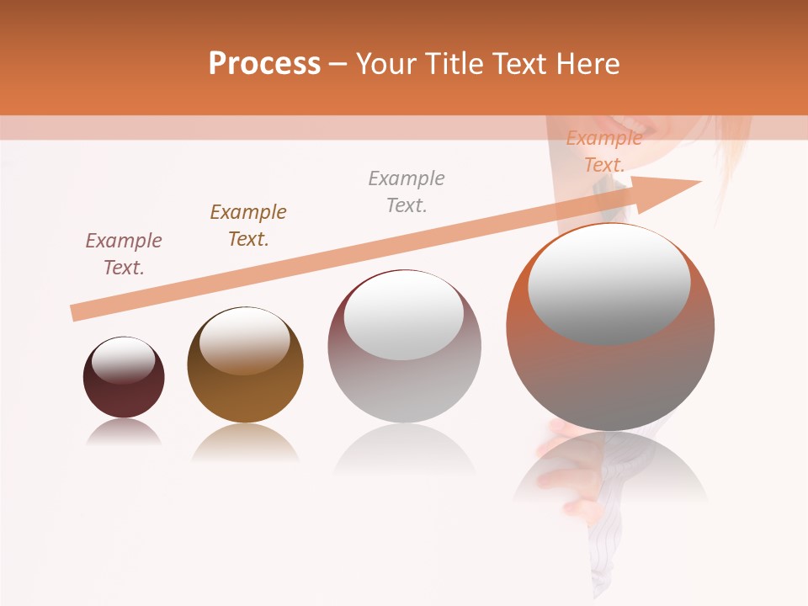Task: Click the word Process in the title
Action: pos(264,64)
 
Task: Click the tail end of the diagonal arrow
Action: pos(76,312)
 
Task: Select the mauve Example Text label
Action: pos(124,254)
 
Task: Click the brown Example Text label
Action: pos(248,226)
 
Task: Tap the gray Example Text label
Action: pos(407,192)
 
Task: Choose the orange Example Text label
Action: pos(603,152)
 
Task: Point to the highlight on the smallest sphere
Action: pos(124,360)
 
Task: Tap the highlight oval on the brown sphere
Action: pos(245,339)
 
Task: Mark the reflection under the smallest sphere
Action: pos(124,432)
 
